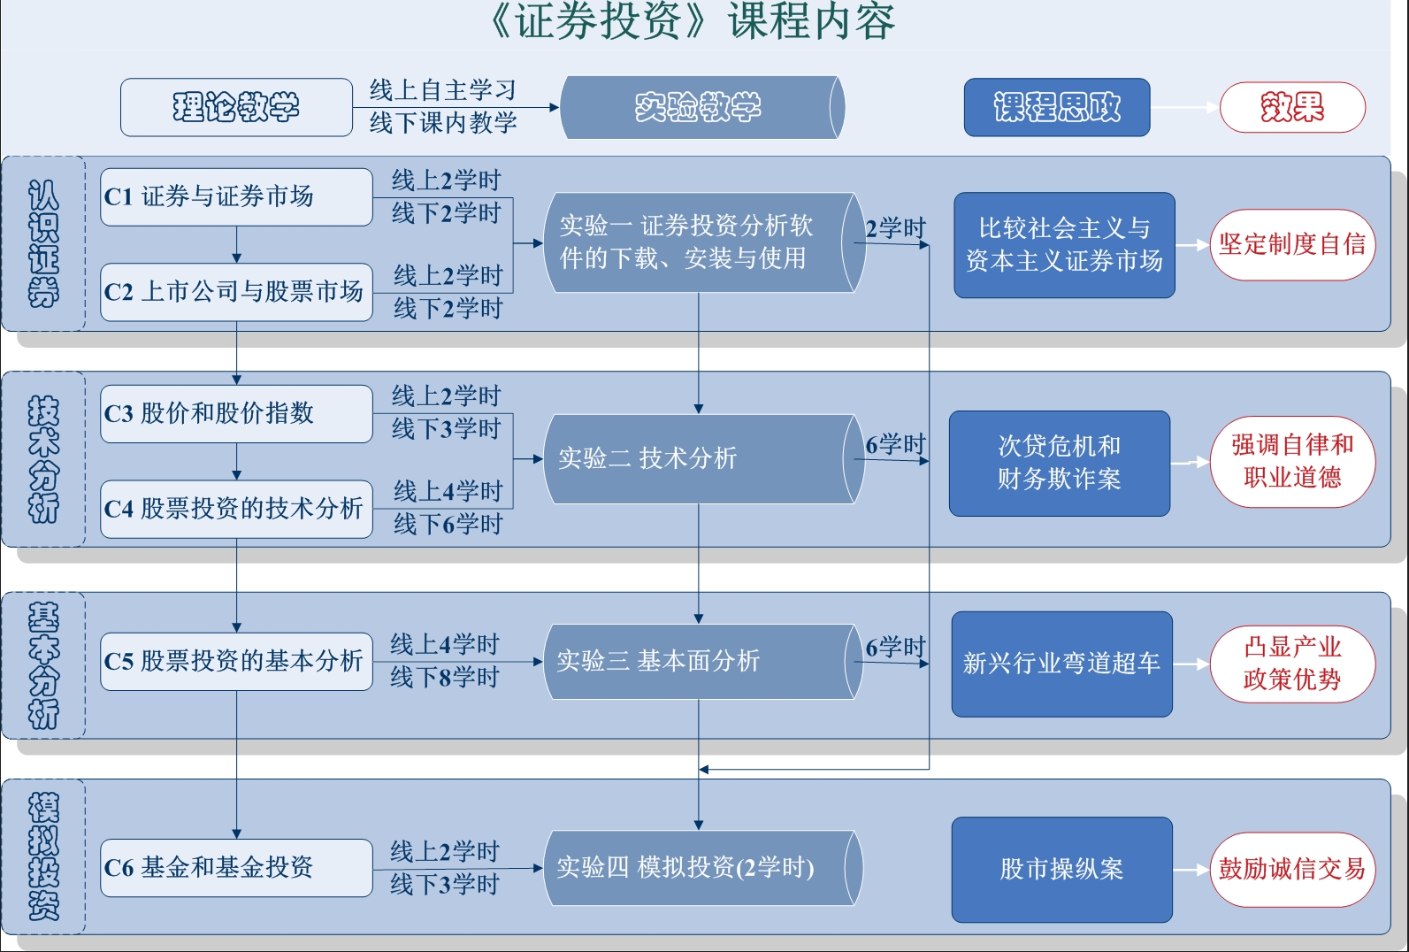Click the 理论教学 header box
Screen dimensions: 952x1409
point(236,107)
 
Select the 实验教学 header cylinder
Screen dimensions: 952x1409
point(700,107)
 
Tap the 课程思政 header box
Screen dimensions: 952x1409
point(1057,107)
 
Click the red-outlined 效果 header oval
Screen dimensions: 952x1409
point(1292,107)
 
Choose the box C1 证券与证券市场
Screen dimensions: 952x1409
point(236,196)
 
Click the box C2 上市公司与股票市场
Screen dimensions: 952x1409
point(236,292)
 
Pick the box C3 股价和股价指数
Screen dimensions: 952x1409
point(236,413)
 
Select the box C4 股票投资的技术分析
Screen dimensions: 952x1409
point(236,509)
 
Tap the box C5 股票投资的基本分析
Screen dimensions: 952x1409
point(236,661)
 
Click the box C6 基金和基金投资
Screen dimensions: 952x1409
point(236,868)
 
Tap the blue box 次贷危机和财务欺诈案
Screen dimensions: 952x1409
point(1059,463)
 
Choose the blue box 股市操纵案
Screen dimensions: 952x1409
point(1061,870)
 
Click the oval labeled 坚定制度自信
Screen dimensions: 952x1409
point(1292,244)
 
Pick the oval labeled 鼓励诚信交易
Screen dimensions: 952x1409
point(1292,870)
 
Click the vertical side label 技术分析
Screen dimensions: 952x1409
point(43,458)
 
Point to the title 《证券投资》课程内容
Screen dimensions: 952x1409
point(693,21)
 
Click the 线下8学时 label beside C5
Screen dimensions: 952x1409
point(445,678)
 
